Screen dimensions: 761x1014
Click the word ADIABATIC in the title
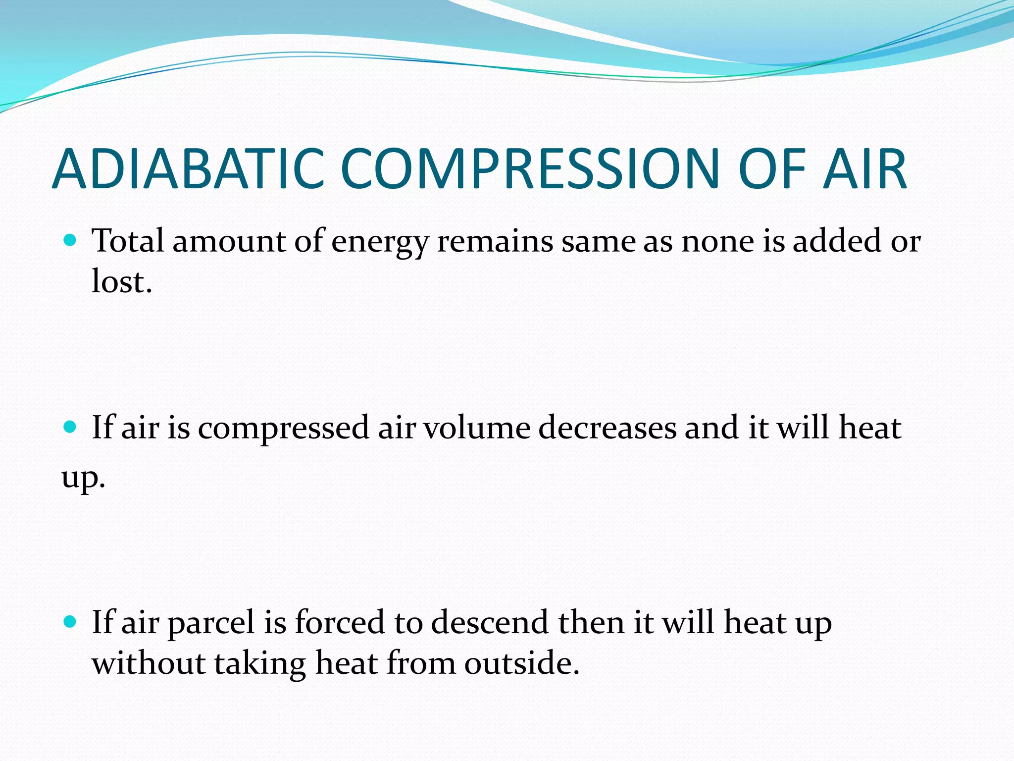tap(188, 169)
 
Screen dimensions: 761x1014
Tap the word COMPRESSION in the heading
tap(530, 169)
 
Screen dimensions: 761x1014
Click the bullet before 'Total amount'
tap(70, 241)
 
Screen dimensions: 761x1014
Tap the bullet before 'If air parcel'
tap(70, 622)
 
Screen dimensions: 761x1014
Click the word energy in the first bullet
tap(380, 243)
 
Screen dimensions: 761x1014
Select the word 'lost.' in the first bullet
tap(122, 282)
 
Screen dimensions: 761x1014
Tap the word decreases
tap(607, 428)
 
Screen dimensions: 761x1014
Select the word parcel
tap(211, 623)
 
